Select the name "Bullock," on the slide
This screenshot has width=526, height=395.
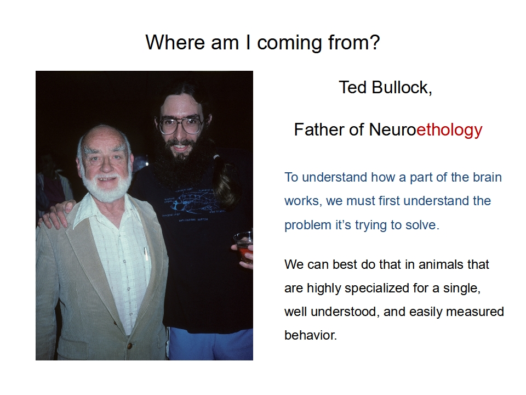[402, 88]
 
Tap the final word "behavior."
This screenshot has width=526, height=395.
[311, 335]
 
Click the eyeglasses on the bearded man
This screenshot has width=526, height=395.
[181, 125]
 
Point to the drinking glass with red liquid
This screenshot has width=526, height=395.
[244, 246]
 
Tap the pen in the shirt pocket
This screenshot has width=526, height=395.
[146, 254]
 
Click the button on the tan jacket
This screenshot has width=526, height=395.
[129, 346]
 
